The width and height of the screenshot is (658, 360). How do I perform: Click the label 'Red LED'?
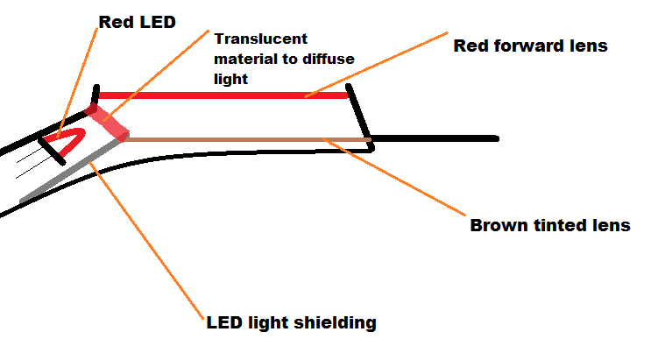tap(138, 22)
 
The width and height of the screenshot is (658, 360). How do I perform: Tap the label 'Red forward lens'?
tap(530, 46)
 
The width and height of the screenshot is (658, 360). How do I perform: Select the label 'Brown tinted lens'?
tap(550, 225)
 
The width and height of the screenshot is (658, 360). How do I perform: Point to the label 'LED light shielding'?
tap(291, 322)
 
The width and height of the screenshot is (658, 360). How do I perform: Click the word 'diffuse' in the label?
tap(330, 59)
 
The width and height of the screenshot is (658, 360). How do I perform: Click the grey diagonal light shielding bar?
tap(70, 172)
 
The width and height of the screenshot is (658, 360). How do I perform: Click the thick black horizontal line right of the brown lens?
tap(438, 138)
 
